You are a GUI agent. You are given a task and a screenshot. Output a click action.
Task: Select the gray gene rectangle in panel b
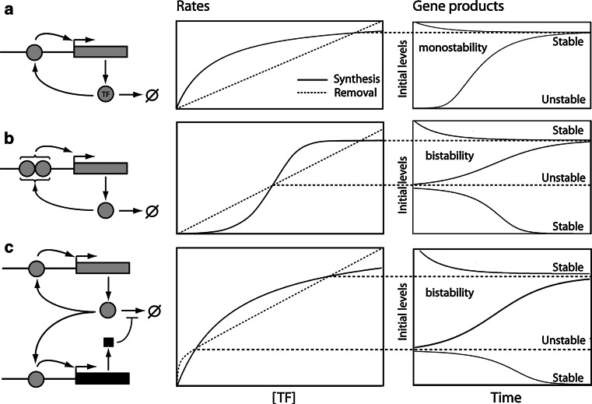tap(101, 167)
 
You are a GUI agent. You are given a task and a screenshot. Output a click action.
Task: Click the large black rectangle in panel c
tap(102, 379)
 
